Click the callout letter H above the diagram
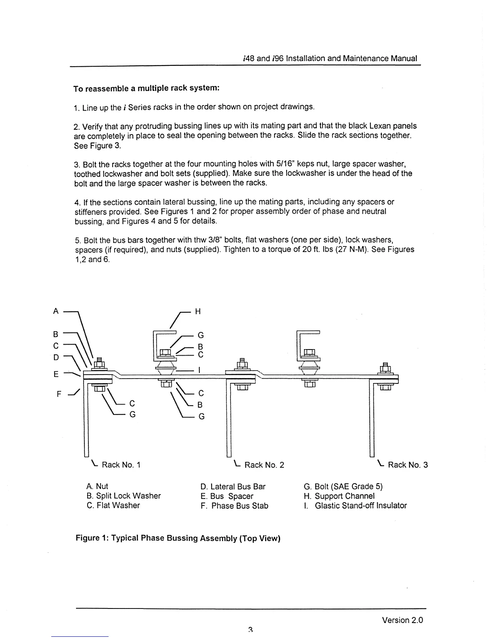pyautogui.click(x=198, y=312)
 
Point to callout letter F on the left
pyautogui.click(x=59, y=394)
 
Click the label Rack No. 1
pyautogui.click(x=121, y=465)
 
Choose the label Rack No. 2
pyautogui.click(x=264, y=465)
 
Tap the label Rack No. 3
pyautogui.click(x=407, y=465)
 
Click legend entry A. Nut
pyautogui.click(x=97, y=486)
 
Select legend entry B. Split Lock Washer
pyautogui.click(x=123, y=496)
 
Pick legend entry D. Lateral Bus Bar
pyautogui.click(x=233, y=486)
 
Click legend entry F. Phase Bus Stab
pyautogui.click(x=234, y=506)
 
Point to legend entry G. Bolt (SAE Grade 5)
pyautogui.click(x=343, y=486)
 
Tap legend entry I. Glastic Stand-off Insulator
pyautogui.click(x=355, y=505)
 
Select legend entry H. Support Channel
pyautogui.click(x=339, y=496)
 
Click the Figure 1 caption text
pyautogui.click(x=178, y=538)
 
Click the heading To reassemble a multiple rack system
pyautogui.click(x=146, y=88)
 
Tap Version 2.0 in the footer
pyautogui.click(x=402, y=620)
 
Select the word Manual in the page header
pyautogui.click(x=404, y=58)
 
